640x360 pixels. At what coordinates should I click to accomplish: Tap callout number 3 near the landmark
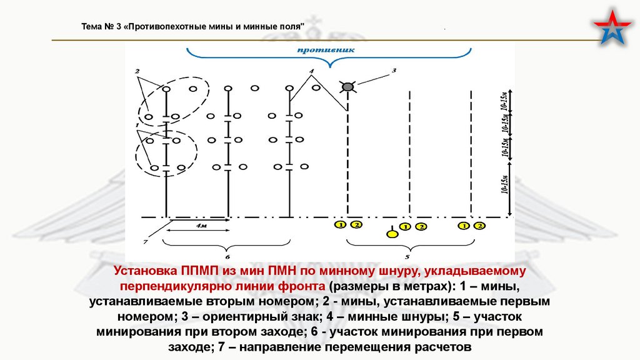pyautogui.click(x=394, y=71)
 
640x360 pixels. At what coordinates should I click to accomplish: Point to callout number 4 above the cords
pyautogui.click(x=311, y=72)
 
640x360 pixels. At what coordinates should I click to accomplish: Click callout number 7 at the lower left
pyautogui.click(x=144, y=241)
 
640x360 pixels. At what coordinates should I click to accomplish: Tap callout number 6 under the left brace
pyautogui.click(x=227, y=256)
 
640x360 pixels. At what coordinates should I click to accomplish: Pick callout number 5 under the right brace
pyautogui.click(x=407, y=256)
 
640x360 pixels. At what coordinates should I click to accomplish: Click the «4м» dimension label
pyautogui.click(x=201, y=224)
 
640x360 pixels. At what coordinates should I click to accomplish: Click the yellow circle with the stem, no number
pyautogui.click(x=392, y=234)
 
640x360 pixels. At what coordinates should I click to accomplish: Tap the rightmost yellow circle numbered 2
pyautogui.click(x=479, y=225)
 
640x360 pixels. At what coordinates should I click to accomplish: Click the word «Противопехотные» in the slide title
pyautogui.click(x=172, y=27)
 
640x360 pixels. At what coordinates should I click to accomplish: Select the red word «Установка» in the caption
pyautogui.click(x=144, y=271)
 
